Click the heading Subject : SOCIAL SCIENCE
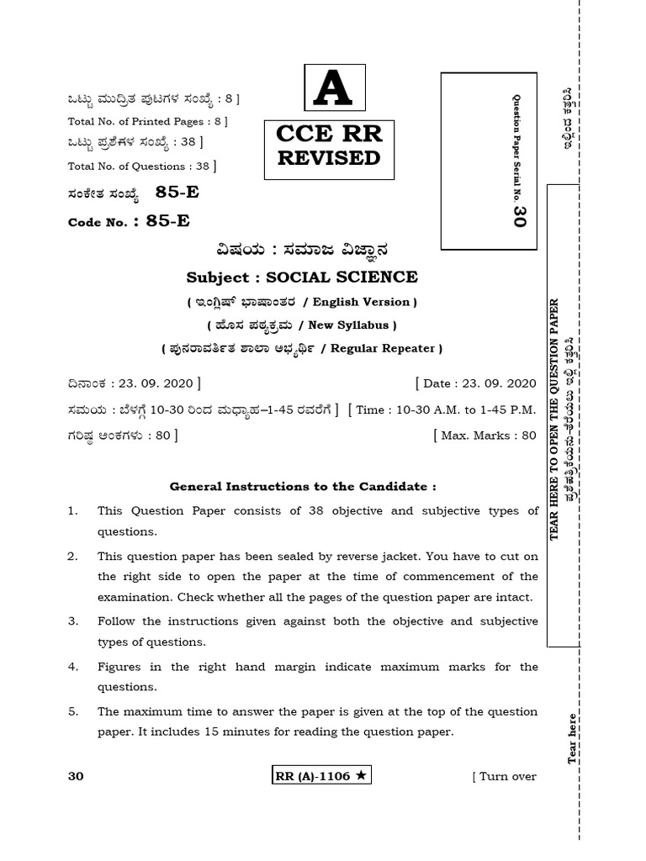pos(301,277)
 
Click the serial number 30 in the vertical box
pos(519,216)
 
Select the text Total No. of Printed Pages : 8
pos(148,121)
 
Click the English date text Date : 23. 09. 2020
pos(476,383)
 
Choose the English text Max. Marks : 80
pos(484,435)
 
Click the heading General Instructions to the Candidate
pos(303,486)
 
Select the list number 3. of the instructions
pos(73,621)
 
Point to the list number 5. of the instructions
pos(73,710)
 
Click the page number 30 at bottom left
pos(76,776)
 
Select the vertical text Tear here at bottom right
pos(573,738)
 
